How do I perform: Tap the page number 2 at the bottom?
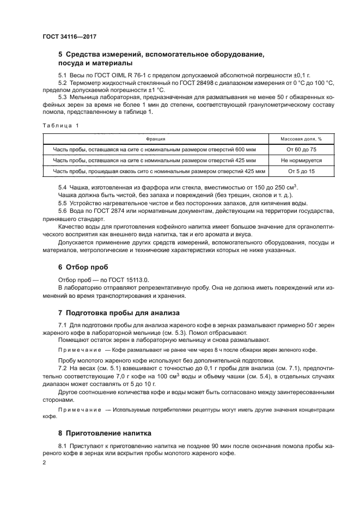[45, 463]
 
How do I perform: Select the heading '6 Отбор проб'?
[83, 267]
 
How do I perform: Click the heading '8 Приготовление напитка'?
[106, 433]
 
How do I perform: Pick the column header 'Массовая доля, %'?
[301, 139]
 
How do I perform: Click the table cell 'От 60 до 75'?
[301, 150]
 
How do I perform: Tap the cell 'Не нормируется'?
[301, 161]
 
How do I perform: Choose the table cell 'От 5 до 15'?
[301, 171]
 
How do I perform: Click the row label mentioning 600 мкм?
[159, 150]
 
